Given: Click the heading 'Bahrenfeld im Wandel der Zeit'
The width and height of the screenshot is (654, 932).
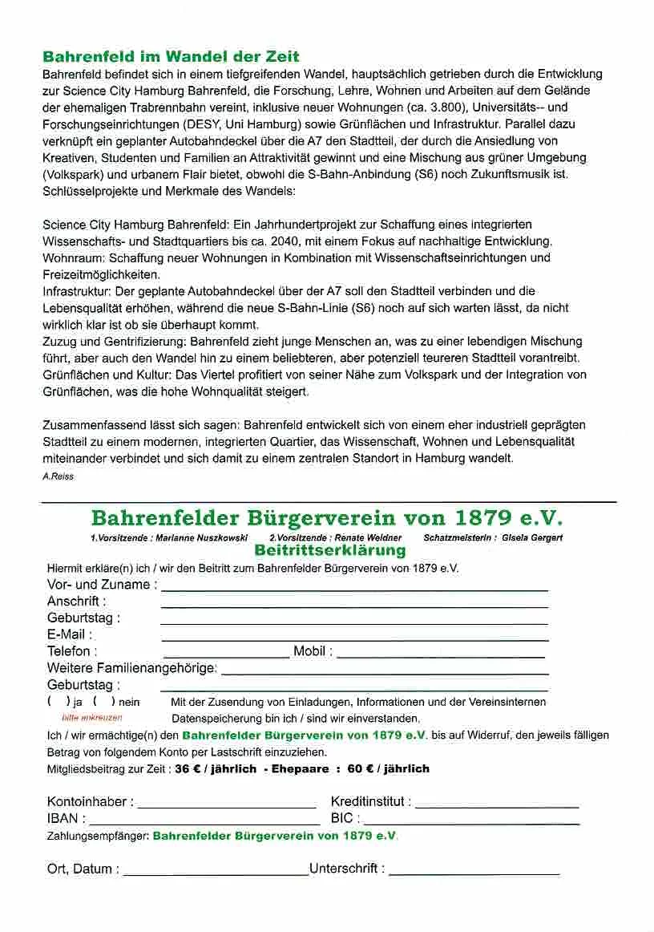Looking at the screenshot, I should coord(171,57).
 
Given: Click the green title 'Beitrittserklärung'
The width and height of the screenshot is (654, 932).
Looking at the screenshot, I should coord(329,550).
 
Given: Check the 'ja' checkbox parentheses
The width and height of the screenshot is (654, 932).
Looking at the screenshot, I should coord(59,702).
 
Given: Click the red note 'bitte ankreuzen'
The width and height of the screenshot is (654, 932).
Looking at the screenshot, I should coord(92,718).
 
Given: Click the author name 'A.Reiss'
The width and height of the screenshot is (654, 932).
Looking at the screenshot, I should coord(58,476).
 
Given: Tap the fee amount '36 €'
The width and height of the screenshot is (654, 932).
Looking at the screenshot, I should coord(187,768).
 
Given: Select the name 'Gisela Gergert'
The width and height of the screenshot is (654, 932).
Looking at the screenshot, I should coord(532,537).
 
